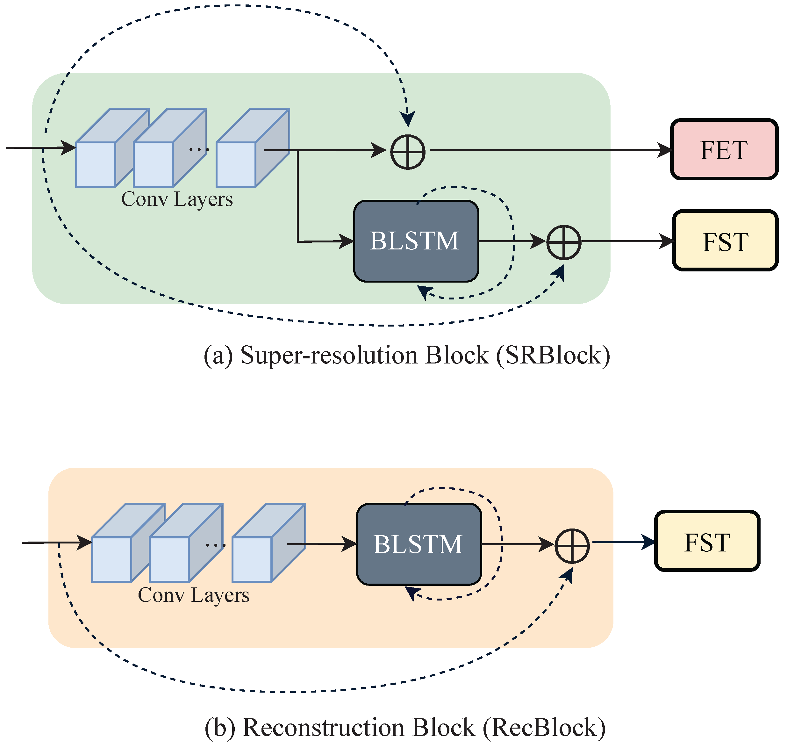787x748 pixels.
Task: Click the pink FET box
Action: click(724, 149)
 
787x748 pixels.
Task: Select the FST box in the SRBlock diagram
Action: click(725, 241)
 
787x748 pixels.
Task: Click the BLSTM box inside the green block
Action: click(416, 241)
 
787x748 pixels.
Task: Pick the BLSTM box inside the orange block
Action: click(419, 544)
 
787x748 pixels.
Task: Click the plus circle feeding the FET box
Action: click(407, 152)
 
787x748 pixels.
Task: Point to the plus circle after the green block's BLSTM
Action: click(563, 242)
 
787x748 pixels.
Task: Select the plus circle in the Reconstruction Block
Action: click(572, 546)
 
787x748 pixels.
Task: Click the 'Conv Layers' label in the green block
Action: click(177, 199)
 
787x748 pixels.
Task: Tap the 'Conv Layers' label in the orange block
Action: click(193, 595)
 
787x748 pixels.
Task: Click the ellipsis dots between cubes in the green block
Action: click(198, 149)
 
